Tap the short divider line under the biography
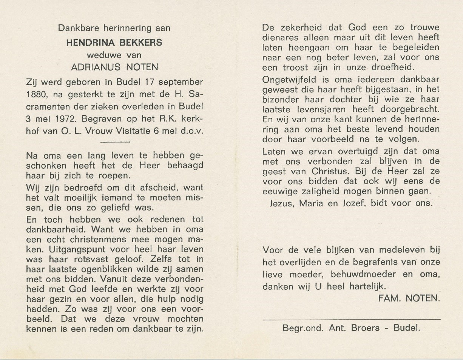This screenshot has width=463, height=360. coord(116,142)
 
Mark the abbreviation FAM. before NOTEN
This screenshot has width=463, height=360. coord(389,298)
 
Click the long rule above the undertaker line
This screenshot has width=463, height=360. coord(351,320)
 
